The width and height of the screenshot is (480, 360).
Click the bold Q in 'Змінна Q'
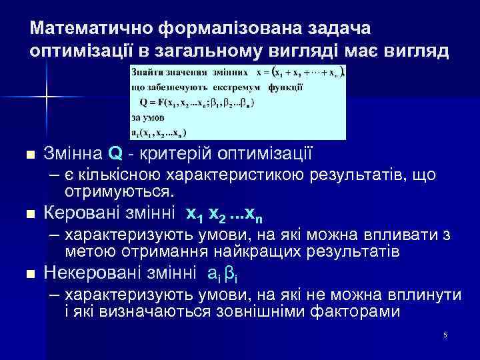pyautogui.click(x=114, y=155)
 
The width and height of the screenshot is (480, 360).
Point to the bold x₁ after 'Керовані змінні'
pyautogui.click(x=194, y=215)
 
